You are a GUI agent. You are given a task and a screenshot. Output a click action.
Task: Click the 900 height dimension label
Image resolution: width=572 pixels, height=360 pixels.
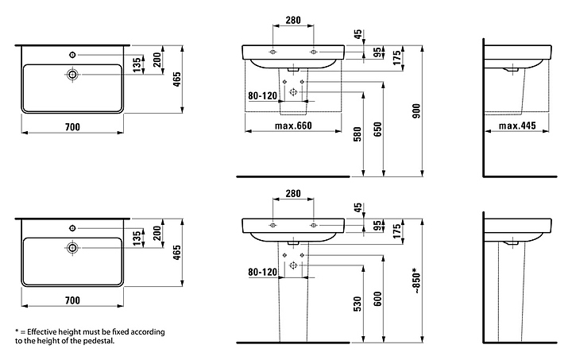coord(416,111)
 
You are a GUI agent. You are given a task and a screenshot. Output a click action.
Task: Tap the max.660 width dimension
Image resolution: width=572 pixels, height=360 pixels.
coord(293,126)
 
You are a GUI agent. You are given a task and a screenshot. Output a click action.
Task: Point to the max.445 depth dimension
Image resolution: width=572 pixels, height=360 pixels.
coord(517,126)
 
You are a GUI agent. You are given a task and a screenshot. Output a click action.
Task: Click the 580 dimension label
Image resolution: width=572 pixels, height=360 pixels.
coord(357,134)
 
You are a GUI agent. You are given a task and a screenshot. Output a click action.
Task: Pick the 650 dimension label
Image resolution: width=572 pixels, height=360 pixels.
coord(377,129)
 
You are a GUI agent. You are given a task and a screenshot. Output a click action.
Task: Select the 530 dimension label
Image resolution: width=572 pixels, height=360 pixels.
coord(357,304)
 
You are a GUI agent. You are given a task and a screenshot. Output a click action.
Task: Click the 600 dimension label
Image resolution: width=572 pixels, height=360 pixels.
coord(377,299)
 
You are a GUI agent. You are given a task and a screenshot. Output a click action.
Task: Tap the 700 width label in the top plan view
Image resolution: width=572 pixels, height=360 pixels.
coord(72,127)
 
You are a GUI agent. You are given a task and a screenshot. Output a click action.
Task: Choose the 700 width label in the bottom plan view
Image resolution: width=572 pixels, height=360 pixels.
coord(72,300)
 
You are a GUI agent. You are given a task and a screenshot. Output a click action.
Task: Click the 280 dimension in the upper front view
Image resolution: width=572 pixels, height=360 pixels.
coord(293,20)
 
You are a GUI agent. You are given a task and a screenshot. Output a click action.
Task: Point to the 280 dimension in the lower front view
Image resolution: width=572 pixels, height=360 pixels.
coord(293,193)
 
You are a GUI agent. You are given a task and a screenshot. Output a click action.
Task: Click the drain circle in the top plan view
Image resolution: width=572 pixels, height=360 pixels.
coord(72,75)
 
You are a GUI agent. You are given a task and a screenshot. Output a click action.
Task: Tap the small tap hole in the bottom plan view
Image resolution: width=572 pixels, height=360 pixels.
coord(72,228)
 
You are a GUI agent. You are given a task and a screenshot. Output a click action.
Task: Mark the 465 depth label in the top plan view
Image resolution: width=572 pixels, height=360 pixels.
coord(177,79)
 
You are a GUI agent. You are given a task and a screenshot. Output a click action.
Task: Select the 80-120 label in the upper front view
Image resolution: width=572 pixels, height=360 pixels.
coord(263,96)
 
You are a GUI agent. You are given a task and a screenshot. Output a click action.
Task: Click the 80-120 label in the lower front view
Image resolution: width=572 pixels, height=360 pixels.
coord(263,272)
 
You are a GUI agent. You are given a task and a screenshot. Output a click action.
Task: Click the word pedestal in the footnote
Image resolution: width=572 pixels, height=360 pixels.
coord(101,342)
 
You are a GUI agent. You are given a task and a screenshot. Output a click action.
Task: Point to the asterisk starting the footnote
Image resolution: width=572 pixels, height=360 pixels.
coord(17,331)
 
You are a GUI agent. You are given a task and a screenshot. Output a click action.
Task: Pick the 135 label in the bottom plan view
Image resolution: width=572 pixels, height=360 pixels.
coord(137,238)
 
